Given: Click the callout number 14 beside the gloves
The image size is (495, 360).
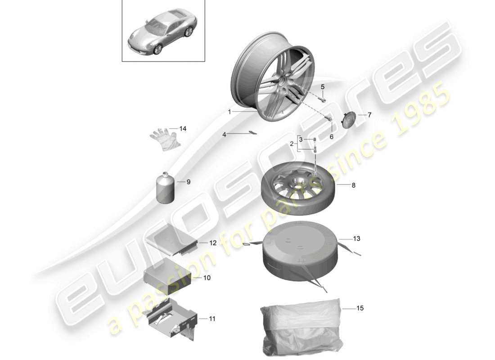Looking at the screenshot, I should (182, 129).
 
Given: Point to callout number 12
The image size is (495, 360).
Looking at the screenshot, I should (213, 243).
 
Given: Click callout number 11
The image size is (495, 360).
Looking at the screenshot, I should (212, 319).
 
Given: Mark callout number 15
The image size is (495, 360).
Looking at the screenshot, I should (360, 309).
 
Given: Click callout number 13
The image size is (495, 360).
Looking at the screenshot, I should (356, 238).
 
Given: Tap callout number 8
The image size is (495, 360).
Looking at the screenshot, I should (353, 185).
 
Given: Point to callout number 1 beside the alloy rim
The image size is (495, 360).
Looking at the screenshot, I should (229, 112).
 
